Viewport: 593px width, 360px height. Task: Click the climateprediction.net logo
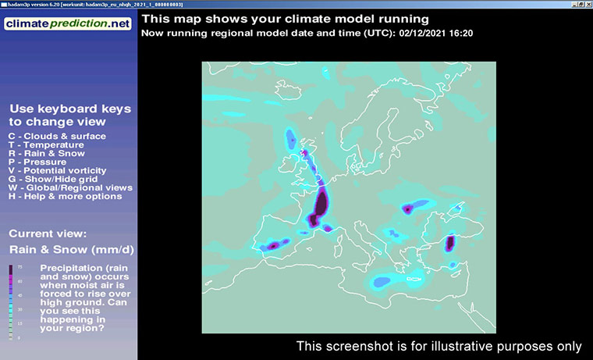pyautogui.click(x=68, y=23)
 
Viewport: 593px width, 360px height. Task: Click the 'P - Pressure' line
pyautogui.click(x=38, y=162)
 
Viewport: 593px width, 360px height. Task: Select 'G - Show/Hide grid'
pyautogui.click(x=54, y=179)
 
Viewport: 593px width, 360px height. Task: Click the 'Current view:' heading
pyautogui.click(x=48, y=233)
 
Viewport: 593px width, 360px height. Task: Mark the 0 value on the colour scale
pyautogui.click(x=20, y=337)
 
